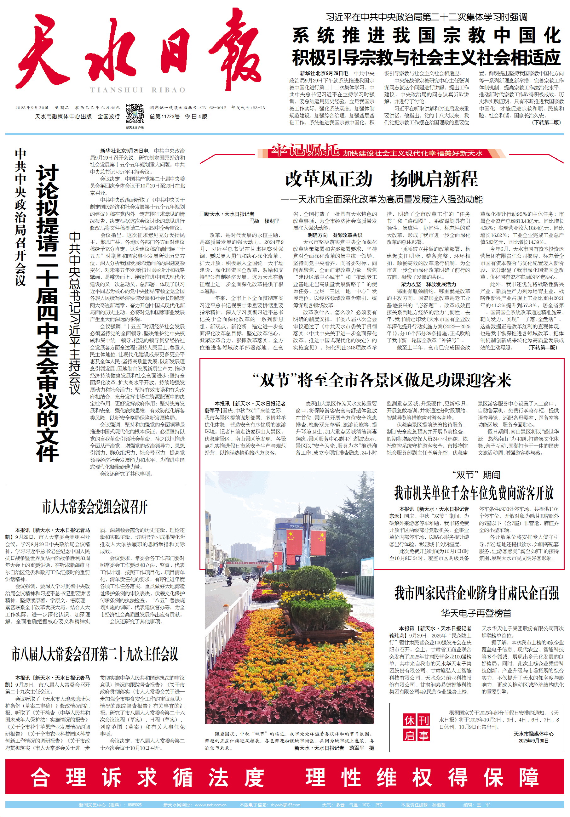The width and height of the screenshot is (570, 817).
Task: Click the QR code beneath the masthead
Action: click(x=135, y=114)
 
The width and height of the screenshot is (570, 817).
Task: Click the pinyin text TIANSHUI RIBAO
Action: click(x=138, y=90)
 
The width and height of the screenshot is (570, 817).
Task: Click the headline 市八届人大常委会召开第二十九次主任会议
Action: click(x=95, y=654)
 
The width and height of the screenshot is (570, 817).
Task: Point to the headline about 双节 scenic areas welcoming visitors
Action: click(x=382, y=380)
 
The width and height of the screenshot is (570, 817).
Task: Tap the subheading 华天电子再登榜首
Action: click(x=476, y=613)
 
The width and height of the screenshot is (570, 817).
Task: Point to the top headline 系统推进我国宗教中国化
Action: click(x=427, y=36)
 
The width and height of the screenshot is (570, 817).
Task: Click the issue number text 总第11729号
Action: click(x=164, y=116)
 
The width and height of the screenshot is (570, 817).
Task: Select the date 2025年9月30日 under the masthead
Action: click(x=32, y=107)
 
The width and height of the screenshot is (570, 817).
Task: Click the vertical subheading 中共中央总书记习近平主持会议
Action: click(x=75, y=313)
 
